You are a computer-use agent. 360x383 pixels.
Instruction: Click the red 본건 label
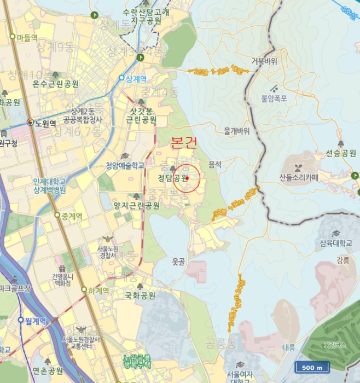point(184,143)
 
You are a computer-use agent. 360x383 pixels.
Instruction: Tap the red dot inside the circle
point(187,178)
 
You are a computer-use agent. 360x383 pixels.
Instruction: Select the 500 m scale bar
point(312,367)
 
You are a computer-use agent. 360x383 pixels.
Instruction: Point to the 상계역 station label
point(136,79)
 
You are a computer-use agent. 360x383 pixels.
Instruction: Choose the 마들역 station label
point(27,37)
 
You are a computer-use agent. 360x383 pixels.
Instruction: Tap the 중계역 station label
point(71,216)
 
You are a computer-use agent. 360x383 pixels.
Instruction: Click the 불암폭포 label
point(274,98)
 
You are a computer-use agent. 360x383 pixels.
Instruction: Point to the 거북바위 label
point(264,61)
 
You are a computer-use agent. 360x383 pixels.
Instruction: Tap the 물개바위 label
point(236,131)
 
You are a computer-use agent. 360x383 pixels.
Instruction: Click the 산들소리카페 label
point(299,177)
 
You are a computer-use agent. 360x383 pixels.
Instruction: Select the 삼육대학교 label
point(336,243)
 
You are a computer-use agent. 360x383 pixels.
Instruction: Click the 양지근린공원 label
point(137,206)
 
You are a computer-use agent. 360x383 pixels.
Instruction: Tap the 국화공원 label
point(140,295)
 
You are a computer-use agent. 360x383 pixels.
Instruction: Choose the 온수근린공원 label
point(56,84)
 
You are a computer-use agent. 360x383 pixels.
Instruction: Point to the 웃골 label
point(178,262)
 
